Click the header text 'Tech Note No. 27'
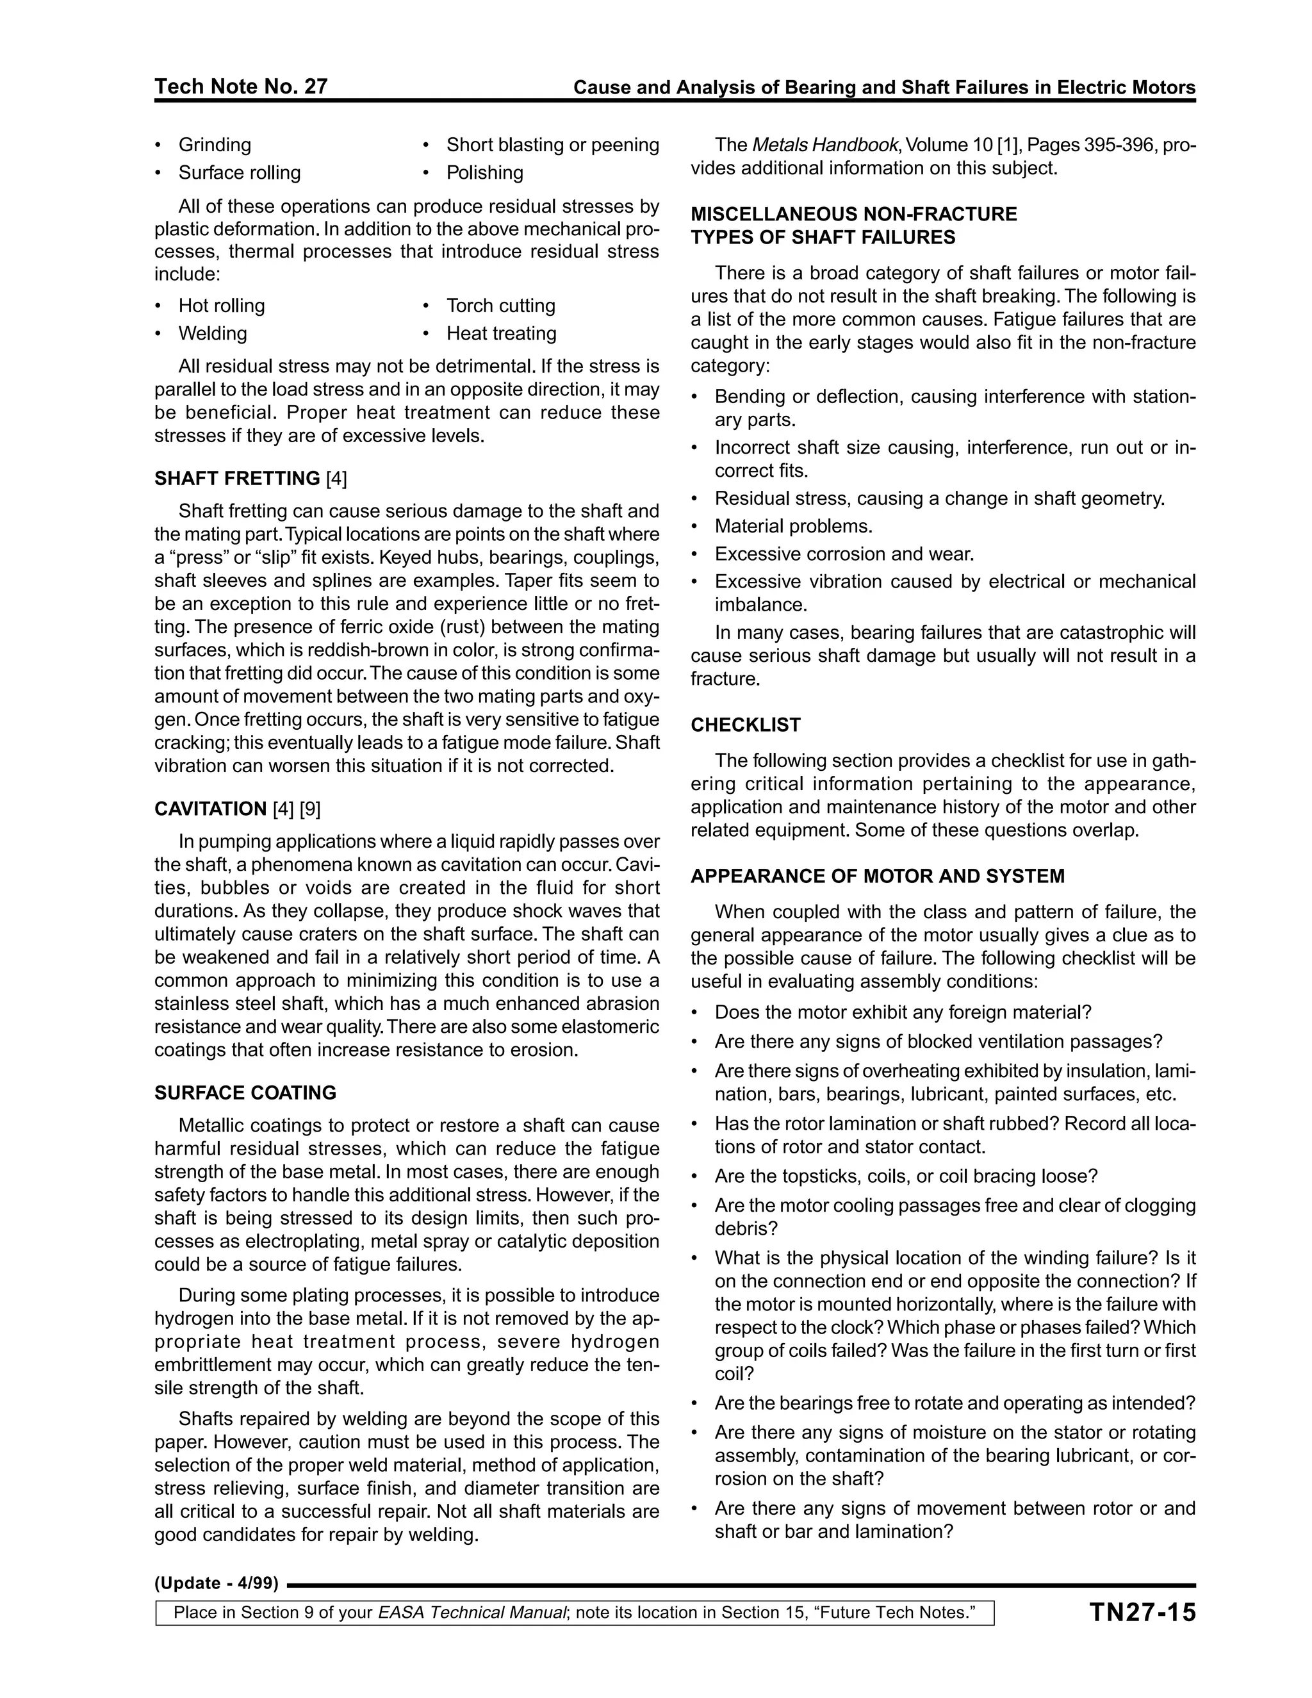241,87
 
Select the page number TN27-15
1142,1613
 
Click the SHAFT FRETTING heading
237,478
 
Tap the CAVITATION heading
211,809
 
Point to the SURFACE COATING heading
245,1092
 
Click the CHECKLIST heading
746,725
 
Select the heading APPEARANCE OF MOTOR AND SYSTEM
878,876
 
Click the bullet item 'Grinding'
215,145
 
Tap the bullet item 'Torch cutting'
500,306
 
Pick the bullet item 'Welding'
212,334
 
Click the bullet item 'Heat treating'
502,334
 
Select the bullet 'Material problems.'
794,526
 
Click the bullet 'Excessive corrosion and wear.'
844,554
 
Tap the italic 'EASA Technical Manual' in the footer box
471,1613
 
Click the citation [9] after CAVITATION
310,809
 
